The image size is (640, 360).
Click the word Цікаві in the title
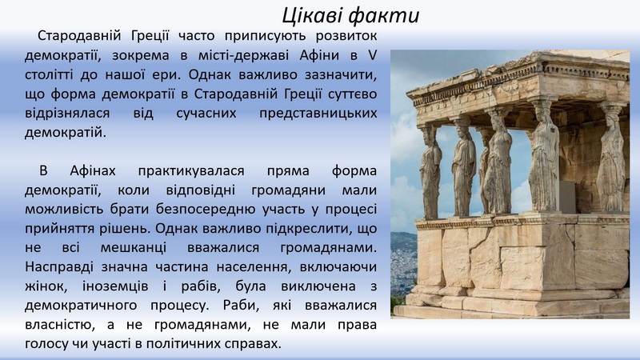(x=312, y=16)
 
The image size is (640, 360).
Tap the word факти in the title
(x=385, y=16)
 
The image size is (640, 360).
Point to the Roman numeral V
(x=372, y=55)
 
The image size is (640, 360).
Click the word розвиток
(x=346, y=36)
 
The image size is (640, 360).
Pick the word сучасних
(x=206, y=113)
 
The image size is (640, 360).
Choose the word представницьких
(x=318, y=114)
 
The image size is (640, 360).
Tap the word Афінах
(x=93, y=170)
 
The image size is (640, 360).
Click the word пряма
(x=288, y=171)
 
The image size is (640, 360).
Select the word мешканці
(x=134, y=248)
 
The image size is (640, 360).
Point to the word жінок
(x=46, y=286)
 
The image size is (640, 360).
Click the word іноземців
(x=115, y=286)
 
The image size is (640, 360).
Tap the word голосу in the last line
(x=46, y=345)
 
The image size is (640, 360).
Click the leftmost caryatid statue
(x=430, y=171)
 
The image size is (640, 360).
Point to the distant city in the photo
(x=403, y=262)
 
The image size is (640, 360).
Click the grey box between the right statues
(x=567, y=197)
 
